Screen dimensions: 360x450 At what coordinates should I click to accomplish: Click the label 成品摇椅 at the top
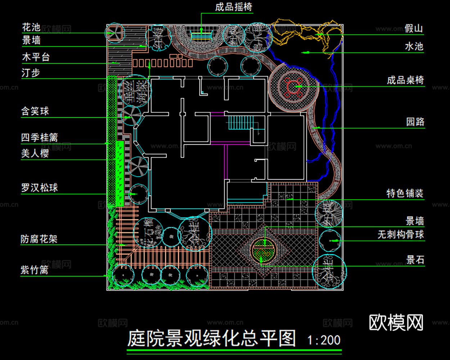point(234,7)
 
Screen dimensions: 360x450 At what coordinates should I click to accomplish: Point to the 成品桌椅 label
point(405,80)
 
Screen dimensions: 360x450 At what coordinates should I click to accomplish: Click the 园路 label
point(415,122)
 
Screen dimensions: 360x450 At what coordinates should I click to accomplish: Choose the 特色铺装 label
point(405,194)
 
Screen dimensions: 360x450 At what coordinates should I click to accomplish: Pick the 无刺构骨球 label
point(400,235)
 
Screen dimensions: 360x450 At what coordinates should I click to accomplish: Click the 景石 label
point(415,260)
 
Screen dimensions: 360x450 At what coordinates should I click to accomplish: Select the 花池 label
point(31,27)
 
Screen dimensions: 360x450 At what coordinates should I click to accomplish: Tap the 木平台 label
point(36,57)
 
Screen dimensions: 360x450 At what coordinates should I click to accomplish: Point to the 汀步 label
point(31,73)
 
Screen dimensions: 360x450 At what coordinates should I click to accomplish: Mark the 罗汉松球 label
point(39,188)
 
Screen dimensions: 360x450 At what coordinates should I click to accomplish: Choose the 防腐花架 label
point(39,239)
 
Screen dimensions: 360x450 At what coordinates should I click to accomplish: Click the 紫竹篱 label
point(35,270)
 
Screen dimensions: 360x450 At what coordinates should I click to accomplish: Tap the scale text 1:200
point(324,340)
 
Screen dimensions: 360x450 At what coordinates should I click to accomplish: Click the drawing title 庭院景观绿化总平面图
point(212,338)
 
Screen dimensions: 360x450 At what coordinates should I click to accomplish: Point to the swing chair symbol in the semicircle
point(201,36)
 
